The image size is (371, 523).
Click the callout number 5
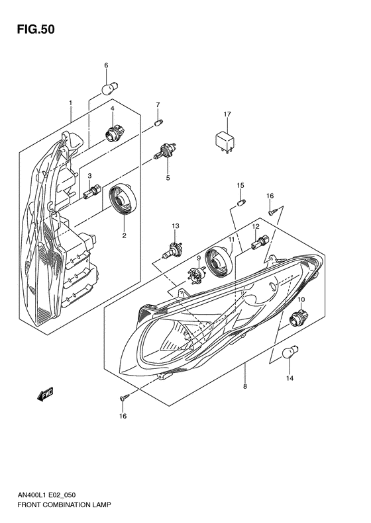pos(168,179)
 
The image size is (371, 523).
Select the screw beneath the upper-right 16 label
pos(273,211)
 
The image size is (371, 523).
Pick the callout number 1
pos(71,103)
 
